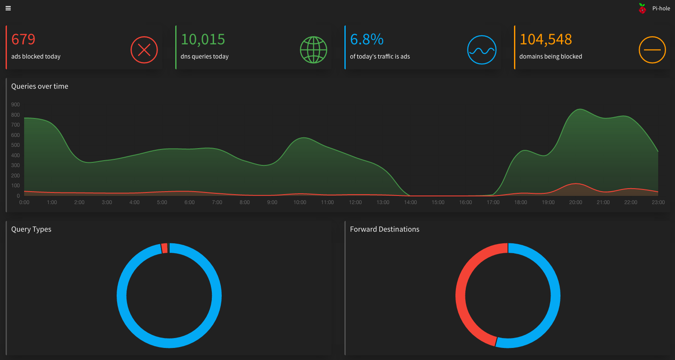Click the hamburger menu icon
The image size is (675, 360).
click(8, 8)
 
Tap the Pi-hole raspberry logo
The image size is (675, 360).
click(642, 8)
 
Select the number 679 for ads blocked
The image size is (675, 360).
click(23, 39)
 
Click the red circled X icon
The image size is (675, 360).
click(144, 50)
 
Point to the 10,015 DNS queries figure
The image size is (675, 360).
click(203, 39)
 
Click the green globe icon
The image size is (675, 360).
click(313, 50)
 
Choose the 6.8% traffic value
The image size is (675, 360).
click(366, 39)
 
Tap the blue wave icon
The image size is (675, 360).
click(482, 50)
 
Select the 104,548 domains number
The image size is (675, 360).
click(545, 39)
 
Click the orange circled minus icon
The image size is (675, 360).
click(652, 50)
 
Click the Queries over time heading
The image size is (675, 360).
click(40, 86)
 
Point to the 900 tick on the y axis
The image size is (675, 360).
click(15, 105)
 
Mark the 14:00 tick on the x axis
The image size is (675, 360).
click(410, 202)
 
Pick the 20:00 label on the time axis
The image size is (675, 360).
click(576, 202)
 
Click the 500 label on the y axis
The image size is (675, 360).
click(15, 145)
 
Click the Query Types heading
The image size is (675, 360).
click(31, 229)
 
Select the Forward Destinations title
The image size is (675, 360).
click(384, 229)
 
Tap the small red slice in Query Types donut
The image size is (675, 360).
click(164, 248)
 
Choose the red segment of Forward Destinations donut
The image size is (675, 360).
click(463, 293)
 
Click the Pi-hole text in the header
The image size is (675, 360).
click(661, 8)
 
